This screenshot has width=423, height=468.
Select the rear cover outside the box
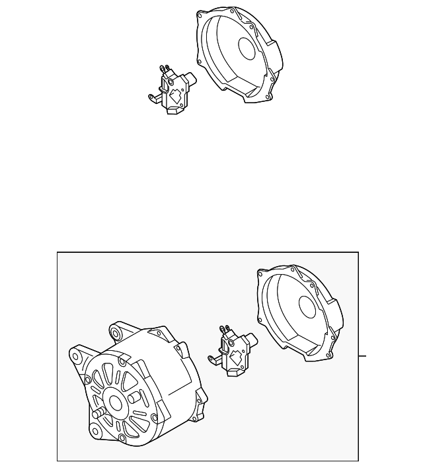(238, 56)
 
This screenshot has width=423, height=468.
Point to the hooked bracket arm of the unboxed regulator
(153, 99)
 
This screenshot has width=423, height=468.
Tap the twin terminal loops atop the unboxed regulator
(164, 68)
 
